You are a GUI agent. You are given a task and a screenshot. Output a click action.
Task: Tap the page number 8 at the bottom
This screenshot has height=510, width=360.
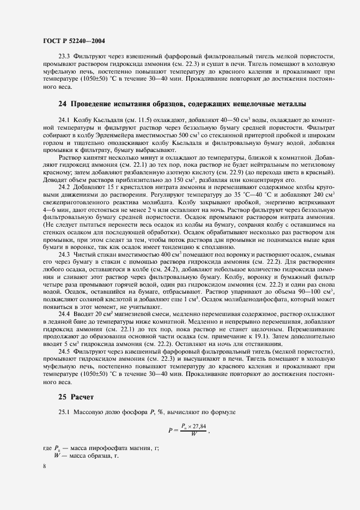(45, 466)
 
